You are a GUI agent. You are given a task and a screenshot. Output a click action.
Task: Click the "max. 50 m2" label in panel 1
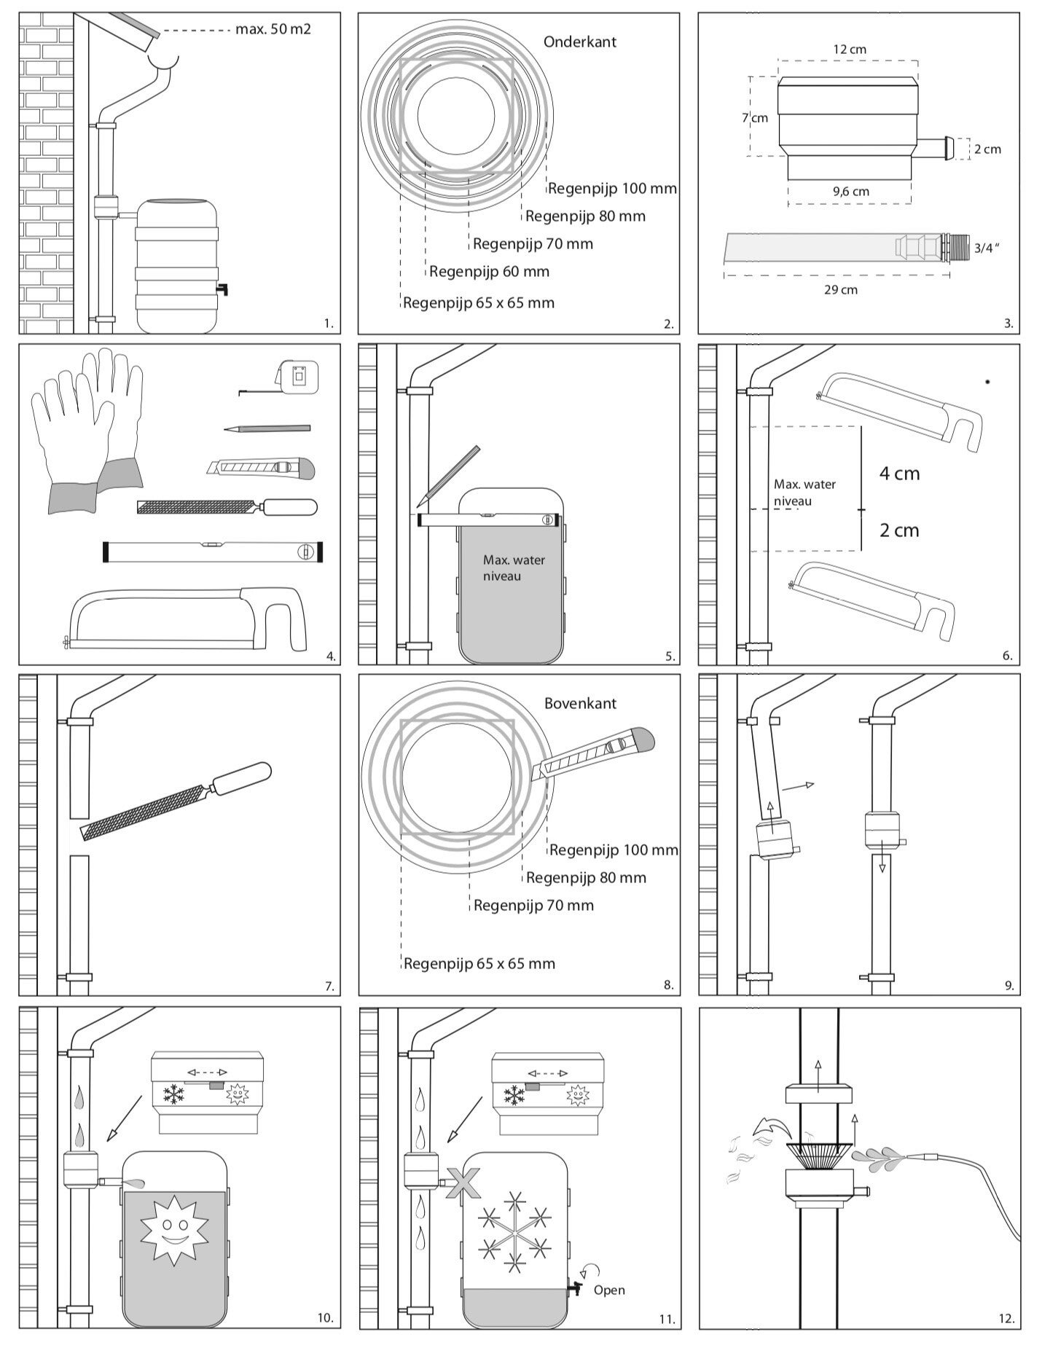point(273,30)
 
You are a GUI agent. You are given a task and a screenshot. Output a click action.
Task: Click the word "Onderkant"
point(579,42)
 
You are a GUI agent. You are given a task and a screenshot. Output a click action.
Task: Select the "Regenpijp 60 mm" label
point(489,272)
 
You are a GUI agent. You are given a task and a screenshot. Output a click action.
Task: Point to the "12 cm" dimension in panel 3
point(850,49)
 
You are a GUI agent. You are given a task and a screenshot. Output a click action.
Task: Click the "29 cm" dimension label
point(840,289)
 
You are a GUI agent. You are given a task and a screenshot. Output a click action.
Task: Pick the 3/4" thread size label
point(986,248)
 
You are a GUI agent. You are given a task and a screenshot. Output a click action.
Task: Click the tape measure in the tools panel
point(298,377)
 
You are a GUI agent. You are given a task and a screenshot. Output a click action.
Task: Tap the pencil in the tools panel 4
point(267,429)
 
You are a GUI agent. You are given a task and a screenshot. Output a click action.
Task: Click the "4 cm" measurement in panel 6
point(899,474)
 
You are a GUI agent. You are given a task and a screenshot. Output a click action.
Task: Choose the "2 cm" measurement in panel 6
point(899,530)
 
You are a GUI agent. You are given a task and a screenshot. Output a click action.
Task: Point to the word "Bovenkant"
point(580,703)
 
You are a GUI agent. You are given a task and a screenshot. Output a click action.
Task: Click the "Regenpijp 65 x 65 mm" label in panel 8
point(479,964)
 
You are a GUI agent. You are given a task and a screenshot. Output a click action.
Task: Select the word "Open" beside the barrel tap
point(608,1290)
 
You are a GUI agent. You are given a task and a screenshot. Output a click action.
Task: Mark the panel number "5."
point(670,656)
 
